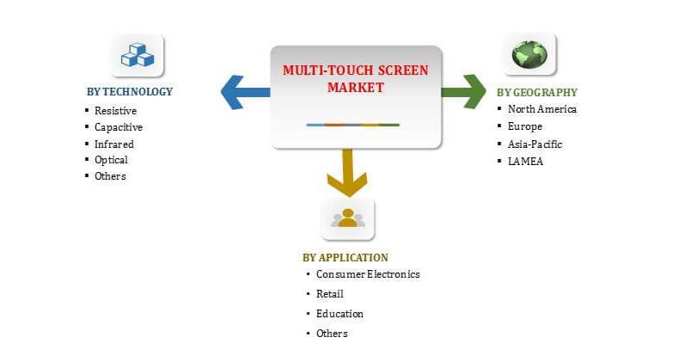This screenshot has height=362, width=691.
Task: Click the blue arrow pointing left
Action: [x=244, y=92]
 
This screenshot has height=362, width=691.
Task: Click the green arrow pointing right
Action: [x=464, y=92]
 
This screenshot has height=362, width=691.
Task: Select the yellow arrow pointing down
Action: [x=348, y=173]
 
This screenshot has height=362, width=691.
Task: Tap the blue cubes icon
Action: [x=137, y=55]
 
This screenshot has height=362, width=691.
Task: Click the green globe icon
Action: [x=529, y=55]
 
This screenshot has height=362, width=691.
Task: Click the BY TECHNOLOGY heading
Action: [x=130, y=92]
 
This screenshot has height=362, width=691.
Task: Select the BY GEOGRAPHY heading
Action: [x=537, y=92]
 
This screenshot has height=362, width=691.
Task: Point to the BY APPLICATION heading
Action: [x=345, y=257]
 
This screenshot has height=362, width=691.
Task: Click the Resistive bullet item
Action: [x=116, y=111]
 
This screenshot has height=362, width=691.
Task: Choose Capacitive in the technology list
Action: [x=119, y=127]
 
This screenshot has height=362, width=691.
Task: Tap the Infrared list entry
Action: [x=114, y=144]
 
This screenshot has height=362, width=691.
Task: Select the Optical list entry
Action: [x=112, y=160]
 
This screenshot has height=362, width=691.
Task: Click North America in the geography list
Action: [x=542, y=109]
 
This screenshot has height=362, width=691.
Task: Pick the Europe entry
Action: [x=525, y=126]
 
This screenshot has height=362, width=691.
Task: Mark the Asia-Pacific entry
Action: [x=535, y=144]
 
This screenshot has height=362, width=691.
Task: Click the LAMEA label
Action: [x=525, y=161]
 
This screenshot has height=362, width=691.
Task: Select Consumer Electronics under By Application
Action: [x=368, y=274]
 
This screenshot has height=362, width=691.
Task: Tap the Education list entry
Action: [x=339, y=314]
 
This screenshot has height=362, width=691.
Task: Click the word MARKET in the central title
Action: [x=355, y=88]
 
